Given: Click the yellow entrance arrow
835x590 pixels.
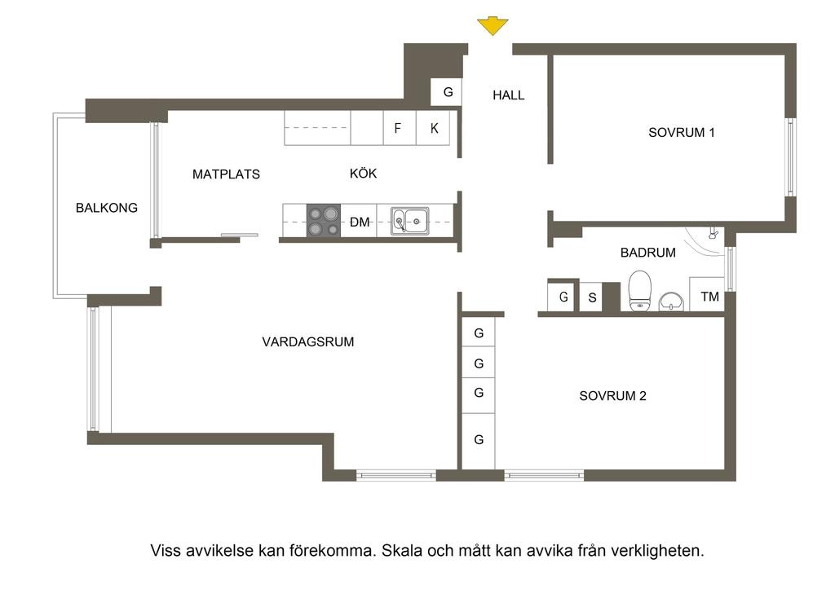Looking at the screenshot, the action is (x=493, y=26).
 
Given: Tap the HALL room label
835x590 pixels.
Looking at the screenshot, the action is (x=509, y=95).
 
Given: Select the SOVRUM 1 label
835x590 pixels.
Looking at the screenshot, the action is (x=681, y=133).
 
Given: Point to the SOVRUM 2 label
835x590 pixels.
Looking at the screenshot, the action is (x=612, y=396).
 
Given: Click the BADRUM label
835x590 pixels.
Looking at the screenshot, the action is (x=648, y=253).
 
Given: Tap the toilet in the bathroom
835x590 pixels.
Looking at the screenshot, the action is (x=639, y=290).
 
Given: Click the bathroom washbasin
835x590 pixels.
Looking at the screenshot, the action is (x=673, y=302).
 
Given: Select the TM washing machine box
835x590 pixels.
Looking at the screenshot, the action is (x=707, y=294).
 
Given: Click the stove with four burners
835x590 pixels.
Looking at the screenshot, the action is (x=323, y=221).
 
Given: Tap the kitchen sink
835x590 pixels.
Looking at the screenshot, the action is (x=410, y=221).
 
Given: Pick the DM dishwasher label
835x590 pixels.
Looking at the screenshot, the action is (x=360, y=222).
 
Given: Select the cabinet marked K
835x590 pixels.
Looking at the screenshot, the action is (x=434, y=128).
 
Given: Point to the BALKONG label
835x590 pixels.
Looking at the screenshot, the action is (x=107, y=208).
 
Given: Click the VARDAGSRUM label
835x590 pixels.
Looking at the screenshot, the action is (x=307, y=341).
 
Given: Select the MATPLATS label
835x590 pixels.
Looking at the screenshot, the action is (x=227, y=174).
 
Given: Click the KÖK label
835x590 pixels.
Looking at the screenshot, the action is (x=363, y=173).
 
